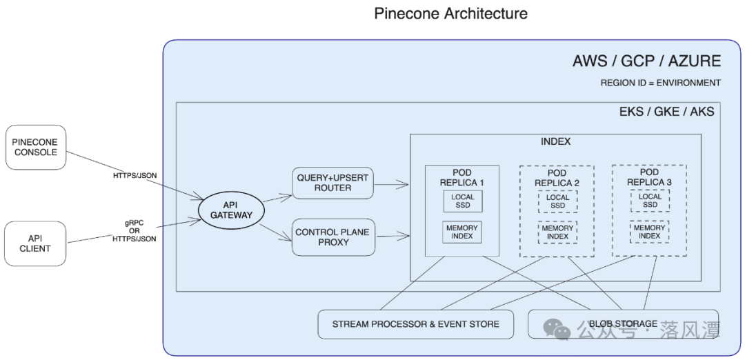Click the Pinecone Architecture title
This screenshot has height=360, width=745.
[451, 13]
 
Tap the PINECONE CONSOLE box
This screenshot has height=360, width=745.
[35, 147]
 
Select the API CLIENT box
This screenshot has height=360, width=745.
[35, 243]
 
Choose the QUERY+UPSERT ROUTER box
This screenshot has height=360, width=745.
[332, 183]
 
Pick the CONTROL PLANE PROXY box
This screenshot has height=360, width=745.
[332, 237]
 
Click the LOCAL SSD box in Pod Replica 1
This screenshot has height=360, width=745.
[463, 201]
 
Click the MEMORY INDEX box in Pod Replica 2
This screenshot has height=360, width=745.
[557, 232]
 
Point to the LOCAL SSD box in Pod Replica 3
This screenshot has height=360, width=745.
[650, 201]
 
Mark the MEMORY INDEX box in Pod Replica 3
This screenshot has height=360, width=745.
[650, 232]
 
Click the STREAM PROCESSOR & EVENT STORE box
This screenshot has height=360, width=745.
[415, 324]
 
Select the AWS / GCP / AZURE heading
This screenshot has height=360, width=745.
[646, 61]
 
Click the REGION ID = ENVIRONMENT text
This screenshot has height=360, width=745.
[660, 83]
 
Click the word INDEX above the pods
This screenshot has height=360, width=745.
[555, 142]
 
